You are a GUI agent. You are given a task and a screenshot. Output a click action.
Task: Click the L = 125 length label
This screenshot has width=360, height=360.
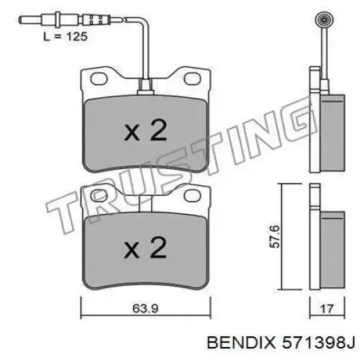[x=66, y=37]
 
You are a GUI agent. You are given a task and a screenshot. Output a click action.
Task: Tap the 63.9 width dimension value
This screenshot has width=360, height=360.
[x=145, y=308]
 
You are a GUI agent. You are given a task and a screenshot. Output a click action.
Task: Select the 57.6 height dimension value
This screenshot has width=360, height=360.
[x=275, y=236]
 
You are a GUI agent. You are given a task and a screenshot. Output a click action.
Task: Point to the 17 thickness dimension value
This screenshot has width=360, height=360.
[x=327, y=309]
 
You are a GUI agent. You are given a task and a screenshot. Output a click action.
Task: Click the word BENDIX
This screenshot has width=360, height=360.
[x=241, y=343]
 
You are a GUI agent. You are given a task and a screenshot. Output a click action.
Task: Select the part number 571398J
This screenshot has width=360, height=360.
[x=318, y=343]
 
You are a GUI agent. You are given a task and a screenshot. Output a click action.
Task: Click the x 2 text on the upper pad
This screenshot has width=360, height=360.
[x=145, y=130]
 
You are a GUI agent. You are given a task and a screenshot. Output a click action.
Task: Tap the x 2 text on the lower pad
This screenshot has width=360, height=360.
[x=145, y=248]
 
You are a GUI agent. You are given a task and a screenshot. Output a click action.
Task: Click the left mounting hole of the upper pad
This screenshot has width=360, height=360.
[x=99, y=78]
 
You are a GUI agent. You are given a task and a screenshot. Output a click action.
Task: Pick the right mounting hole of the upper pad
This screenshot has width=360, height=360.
[x=192, y=78]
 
